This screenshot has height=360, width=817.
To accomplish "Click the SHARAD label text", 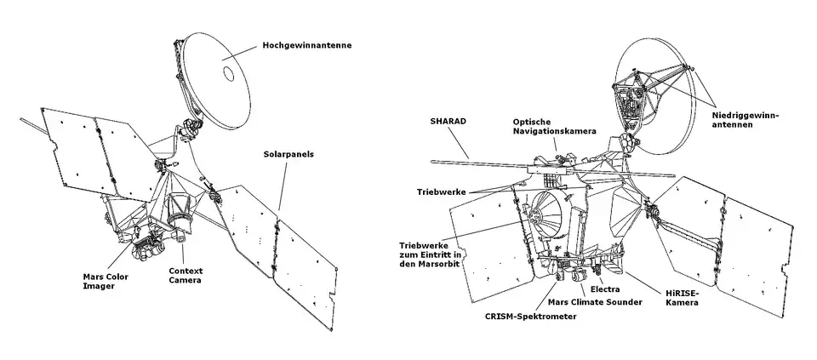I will (442, 122).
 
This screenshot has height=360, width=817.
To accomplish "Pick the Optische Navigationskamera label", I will (553, 128).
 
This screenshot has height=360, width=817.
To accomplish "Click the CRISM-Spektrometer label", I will (530, 317).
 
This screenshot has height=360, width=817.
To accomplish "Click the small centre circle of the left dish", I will (229, 74).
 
